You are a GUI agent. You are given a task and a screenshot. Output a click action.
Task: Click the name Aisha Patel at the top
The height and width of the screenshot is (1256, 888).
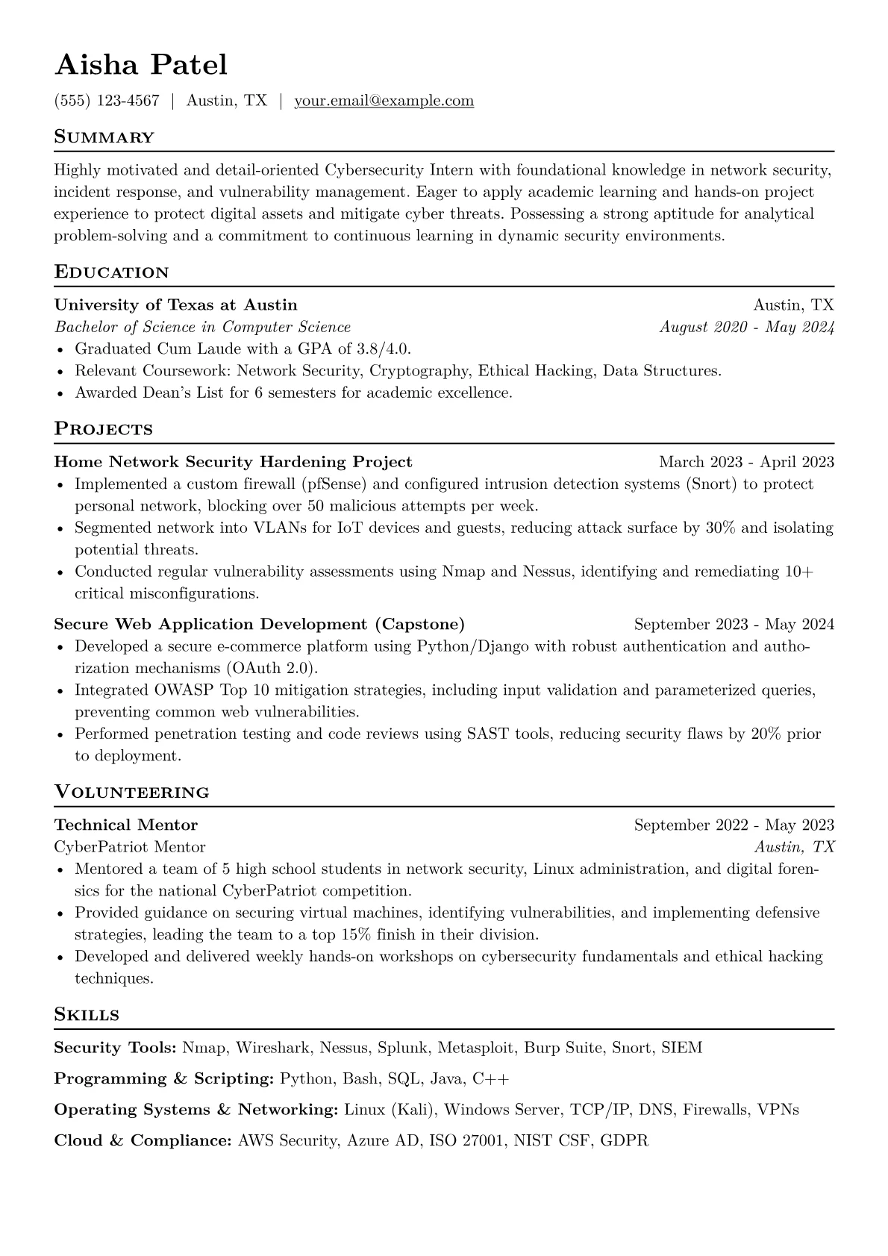[x=141, y=65]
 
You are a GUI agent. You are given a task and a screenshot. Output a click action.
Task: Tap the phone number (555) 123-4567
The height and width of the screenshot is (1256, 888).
[x=107, y=101]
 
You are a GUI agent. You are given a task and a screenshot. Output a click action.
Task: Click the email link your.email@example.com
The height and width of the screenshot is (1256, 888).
[x=384, y=101]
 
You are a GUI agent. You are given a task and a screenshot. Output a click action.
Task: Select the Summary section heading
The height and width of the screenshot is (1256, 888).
[x=104, y=137]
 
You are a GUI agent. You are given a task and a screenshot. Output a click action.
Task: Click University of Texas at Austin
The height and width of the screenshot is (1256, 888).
[x=176, y=304]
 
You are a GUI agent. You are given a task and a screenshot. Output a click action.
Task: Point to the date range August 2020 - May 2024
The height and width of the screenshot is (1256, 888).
[x=746, y=327]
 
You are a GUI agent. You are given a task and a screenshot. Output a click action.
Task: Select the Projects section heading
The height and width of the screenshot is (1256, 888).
[x=104, y=429]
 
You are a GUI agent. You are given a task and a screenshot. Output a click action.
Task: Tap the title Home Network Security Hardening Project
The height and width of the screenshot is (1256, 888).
[x=233, y=462]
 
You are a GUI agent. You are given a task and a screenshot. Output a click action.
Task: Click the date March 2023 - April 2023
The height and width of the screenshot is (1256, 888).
[x=746, y=462]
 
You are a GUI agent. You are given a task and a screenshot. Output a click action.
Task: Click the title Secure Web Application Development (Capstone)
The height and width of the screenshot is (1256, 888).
[x=259, y=624]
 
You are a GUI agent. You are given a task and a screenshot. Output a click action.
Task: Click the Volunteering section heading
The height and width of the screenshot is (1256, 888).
[x=132, y=793]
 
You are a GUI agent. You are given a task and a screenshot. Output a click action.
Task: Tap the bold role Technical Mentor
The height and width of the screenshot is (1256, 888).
[x=126, y=825]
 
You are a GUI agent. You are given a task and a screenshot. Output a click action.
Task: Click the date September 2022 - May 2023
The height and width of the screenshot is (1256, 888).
[x=734, y=825]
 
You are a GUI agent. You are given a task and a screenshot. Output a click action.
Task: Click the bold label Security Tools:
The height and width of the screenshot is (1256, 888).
[x=115, y=1048]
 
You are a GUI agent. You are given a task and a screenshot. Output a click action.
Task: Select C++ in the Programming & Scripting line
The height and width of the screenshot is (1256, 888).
[x=491, y=1079]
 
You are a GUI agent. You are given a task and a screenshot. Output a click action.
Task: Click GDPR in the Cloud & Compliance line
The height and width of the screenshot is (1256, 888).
[x=625, y=1141]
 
